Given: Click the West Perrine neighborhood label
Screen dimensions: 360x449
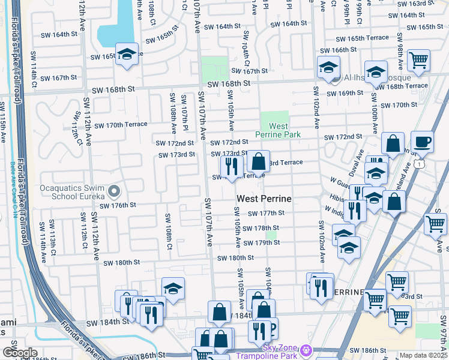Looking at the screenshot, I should coord(264,199).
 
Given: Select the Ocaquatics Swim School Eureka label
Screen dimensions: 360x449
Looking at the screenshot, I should coord(72,191).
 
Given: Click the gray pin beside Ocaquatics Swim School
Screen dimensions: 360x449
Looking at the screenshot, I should coord(114,192).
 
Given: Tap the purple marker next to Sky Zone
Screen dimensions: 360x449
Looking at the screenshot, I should coord(307,349).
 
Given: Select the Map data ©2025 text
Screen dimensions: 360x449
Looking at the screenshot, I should coord(423,355).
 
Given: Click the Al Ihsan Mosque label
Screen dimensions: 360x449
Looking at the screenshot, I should coord(378,78).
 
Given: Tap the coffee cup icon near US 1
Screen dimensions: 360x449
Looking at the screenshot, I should coord(421,142).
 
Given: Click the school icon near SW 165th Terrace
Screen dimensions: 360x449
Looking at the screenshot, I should coord(127,55).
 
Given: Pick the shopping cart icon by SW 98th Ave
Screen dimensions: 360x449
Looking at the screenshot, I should coord(418,59).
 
